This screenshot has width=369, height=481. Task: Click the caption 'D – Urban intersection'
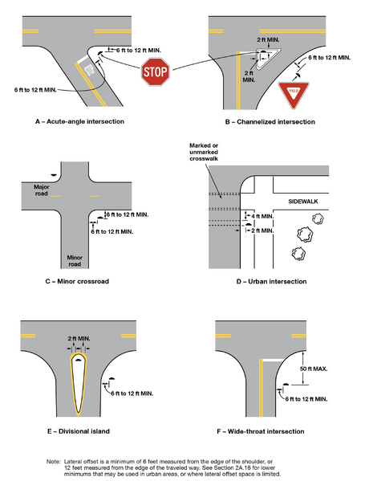click(x=265, y=282)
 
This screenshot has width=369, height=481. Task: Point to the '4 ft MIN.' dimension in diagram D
click(x=264, y=217)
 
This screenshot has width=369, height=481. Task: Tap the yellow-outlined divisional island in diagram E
click(x=78, y=385)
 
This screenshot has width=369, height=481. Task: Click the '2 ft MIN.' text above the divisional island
click(x=79, y=340)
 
